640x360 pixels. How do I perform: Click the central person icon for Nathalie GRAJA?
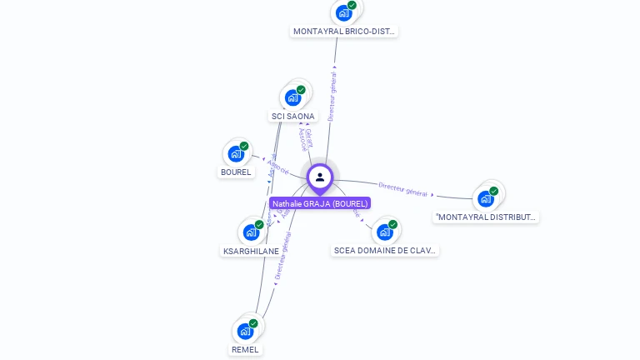click(x=320, y=177)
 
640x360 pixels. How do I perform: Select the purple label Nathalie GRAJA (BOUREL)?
click(x=319, y=203)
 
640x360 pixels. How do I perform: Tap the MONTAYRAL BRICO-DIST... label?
click(x=344, y=32)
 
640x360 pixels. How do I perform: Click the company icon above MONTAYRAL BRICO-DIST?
click(x=342, y=12)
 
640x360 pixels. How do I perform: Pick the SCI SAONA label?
click(x=293, y=117)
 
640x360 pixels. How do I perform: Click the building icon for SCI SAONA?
click(x=292, y=97)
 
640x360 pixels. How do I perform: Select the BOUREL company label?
click(x=236, y=172)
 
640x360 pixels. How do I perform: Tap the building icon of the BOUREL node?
click(x=236, y=154)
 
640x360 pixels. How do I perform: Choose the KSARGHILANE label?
click(x=251, y=251)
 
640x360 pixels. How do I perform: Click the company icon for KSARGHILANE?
click(x=250, y=232)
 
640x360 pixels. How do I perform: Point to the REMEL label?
click(x=245, y=350)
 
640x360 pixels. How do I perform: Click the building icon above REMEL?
click(x=245, y=331)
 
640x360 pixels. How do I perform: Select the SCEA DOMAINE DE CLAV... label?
click(x=384, y=250)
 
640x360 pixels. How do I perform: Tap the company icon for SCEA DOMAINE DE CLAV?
click(x=384, y=231)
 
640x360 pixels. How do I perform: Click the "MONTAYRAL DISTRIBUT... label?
click(x=486, y=217)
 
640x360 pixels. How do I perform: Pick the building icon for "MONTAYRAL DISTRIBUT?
click(x=485, y=199)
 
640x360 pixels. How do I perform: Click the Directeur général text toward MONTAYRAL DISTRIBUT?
click(x=402, y=189)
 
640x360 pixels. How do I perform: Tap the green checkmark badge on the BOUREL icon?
click(x=244, y=146)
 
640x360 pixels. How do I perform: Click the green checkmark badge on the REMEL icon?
click(x=253, y=323)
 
